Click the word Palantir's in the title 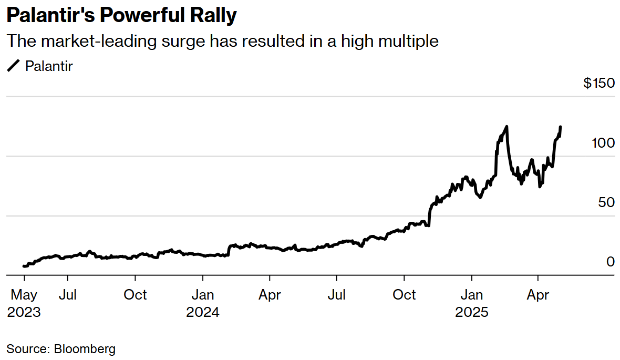pos(50,16)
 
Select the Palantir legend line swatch pos(13,66)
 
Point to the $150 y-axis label pos(598,83)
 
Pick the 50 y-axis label pos(606,202)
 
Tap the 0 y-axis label pos(611,262)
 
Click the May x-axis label pos(24,295)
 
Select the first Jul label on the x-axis pos(67,295)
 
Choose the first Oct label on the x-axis pos(135,295)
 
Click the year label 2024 pos(202,312)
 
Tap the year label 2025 pos(471,312)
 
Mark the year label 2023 pos(24,312)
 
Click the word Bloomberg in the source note pos(85,348)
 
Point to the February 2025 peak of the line pos(507,127)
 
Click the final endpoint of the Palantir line pos(561,127)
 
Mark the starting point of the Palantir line pos(24,266)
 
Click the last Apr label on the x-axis pos(538,295)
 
